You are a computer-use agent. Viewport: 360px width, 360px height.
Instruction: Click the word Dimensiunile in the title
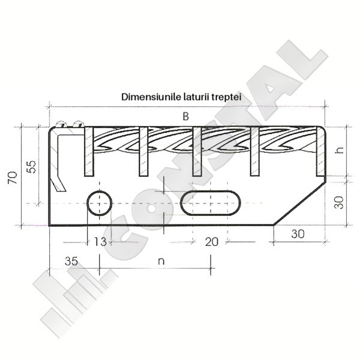(x=151, y=97)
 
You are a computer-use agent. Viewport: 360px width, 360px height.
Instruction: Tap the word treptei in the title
(x=226, y=97)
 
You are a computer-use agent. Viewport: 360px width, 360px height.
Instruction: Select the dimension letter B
(x=185, y=116)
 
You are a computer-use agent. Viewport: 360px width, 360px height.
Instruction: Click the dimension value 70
(x=13, y=177)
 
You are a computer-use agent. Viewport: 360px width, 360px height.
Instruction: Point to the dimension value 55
(x=31, y=167)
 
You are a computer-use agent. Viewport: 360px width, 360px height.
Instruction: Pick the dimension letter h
(x=339, y=149)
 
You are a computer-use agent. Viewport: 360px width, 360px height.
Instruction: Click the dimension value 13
(x=100, y=242)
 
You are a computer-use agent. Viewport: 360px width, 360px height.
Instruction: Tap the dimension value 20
(x=211, y=242)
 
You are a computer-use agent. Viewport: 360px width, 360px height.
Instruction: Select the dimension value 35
(x=71, y=261)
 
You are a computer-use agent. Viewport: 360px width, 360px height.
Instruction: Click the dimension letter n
(x=161, y=262)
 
